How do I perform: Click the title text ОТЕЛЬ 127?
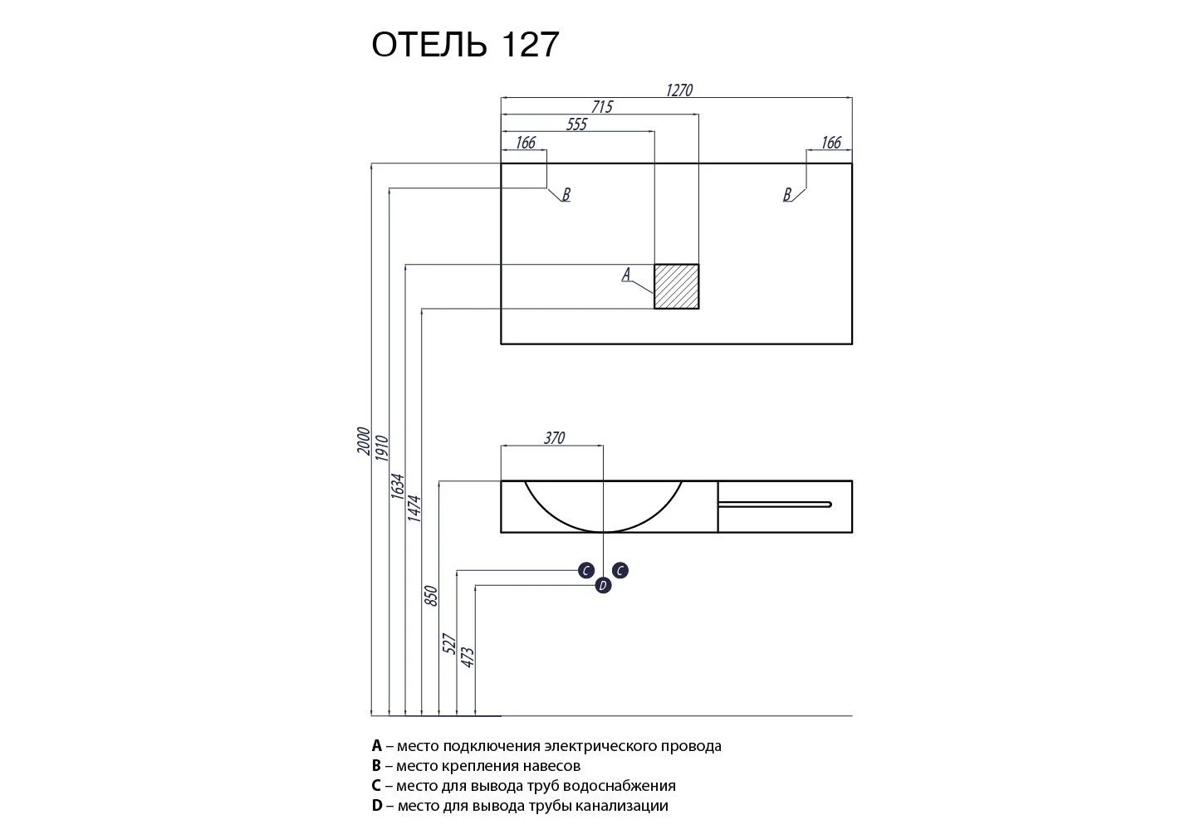[x=465, y=45]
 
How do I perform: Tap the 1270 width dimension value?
[x=678, y=90]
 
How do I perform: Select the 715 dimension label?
[x=601, y=107]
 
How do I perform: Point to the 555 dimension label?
[x=576, y=124]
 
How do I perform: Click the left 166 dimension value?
[x=525, y=143]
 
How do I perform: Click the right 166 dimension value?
[x=830, y=143]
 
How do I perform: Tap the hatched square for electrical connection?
[x=676, y=286]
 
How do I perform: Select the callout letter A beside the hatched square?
[x=627, y=274]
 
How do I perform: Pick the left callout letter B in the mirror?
[x=566, y=195]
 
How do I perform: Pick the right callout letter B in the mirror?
[x=786, y=195]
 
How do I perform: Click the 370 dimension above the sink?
[x=554, y=438]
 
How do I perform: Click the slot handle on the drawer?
[x=774, y=504]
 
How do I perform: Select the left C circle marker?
[x=586, y=570]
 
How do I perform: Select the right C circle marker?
[x=620, y=570]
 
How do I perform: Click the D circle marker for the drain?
[x=603, y=586]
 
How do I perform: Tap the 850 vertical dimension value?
[x=430, y=596]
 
